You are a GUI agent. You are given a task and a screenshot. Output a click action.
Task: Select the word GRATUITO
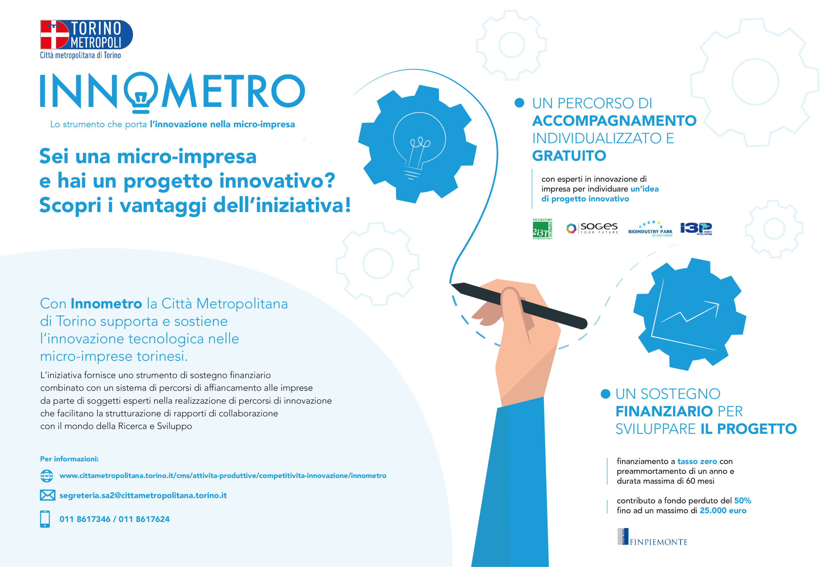[569, 156]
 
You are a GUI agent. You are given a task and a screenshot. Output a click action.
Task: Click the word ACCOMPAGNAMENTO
[614, 121]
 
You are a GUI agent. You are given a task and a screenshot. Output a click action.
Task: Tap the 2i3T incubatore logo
[542, 229]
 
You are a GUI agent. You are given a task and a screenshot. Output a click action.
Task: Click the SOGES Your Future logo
[592, 228]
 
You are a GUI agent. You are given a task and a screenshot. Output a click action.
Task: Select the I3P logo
[696, 228]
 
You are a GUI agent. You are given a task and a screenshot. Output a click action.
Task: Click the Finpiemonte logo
[653, 537]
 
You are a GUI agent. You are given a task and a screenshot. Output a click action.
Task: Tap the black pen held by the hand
[519, 305]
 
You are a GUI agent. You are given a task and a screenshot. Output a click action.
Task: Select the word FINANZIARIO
[664, 411]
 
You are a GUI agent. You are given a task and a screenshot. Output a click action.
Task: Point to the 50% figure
[742, 501]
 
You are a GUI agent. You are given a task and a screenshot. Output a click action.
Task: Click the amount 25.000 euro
[723, 511]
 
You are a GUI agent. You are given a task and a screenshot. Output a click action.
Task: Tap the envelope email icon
[48, 496]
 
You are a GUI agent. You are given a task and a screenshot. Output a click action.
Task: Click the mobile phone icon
[45, 519]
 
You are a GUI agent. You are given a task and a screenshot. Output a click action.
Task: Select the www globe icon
[47, 476]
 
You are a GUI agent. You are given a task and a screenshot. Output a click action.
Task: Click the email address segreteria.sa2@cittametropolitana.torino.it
[143, 496]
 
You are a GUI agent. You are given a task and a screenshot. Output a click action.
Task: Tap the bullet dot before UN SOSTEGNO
[605, 394]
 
